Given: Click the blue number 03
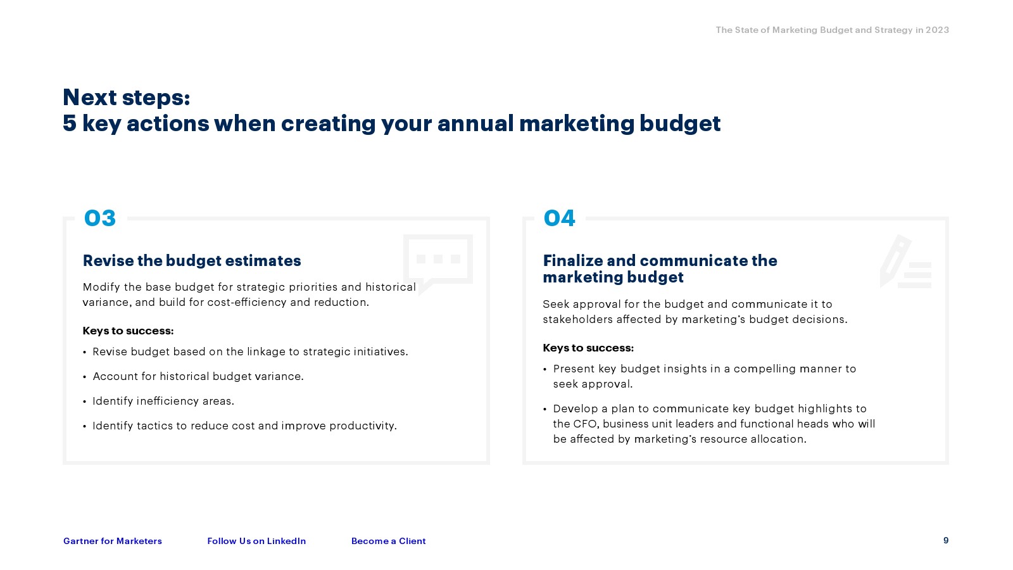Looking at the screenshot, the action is coord(100,218).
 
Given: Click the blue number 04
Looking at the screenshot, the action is coord(560,218).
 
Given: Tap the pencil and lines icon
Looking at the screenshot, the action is coord(905,262).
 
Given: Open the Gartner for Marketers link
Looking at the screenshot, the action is coord(113,541).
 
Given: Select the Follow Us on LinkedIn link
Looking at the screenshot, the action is coord(256,541).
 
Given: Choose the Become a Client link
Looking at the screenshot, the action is coord(389,541).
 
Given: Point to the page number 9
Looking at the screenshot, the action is coord(946,541).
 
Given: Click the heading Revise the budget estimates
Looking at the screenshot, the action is coord(192,261).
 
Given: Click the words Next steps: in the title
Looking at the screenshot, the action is coord(126,98).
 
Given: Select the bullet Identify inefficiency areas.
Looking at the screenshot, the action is coord(163,402).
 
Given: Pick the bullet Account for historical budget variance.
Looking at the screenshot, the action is coord(198,376).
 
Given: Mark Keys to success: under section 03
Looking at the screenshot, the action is coord(128,331).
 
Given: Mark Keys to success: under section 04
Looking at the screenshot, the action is coord(588,348).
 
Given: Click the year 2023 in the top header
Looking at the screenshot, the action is coord(937,30).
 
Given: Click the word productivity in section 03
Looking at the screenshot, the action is coord(363,426).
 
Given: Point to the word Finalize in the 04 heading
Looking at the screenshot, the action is coord(572,261).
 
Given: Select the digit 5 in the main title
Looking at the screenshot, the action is coord(69,123).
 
